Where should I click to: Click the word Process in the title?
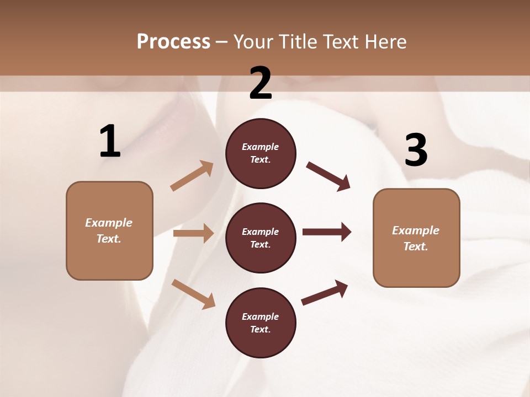[173, 42]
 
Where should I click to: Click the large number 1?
[109, 142]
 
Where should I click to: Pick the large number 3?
[416, 151]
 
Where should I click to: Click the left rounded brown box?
[109, 230]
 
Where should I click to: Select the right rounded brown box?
[416, 238]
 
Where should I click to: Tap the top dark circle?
[261, 153]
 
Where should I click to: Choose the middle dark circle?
[261, 238]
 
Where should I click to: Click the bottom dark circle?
[261, 323]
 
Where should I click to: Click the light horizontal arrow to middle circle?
[193, 233]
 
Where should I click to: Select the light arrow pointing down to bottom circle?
[193, 293]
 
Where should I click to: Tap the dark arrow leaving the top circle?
[328, 176]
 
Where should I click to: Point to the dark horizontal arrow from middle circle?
[327, 232]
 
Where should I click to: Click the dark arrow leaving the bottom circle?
[325, 293]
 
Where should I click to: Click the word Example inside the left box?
[109, 223]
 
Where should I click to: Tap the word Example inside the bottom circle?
[261, 316]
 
